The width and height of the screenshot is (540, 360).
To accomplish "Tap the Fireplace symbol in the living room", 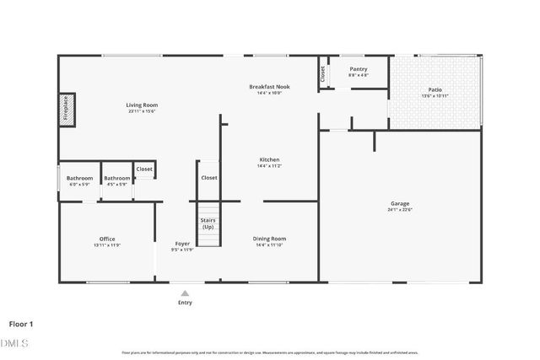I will click(x=67, y=110).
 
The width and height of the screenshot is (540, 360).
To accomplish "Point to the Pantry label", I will click(x=358, y=70).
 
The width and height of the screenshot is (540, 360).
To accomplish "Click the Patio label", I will click(x=435, y=89).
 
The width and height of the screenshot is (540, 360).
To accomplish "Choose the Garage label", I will click(x=400, y=204).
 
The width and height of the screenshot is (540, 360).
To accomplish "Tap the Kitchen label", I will click(x=269, y=159).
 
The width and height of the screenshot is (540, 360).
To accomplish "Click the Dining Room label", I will click(x=269, y=239).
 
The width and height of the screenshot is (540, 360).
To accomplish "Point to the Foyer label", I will click(x=182, y=244).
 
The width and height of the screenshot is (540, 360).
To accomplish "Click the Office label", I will click(x=107, y=239).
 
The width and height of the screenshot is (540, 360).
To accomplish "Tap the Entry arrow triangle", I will click(x=185, y=293).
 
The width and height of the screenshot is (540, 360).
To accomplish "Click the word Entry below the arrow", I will click(x=185, y=302).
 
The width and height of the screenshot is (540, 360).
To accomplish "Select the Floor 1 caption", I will click(x=21, y=323).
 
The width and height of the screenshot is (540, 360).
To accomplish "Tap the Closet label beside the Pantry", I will click(x=322, y=73).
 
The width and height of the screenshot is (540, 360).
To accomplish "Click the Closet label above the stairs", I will click(x=208, y=178).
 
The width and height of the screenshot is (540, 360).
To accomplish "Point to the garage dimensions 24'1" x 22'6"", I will click(x=400, y=210).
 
